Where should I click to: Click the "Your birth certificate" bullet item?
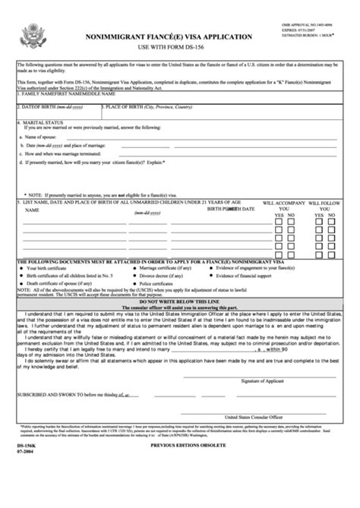click(x=50, y=268)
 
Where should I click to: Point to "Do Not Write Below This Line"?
click(x=180, y=301)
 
